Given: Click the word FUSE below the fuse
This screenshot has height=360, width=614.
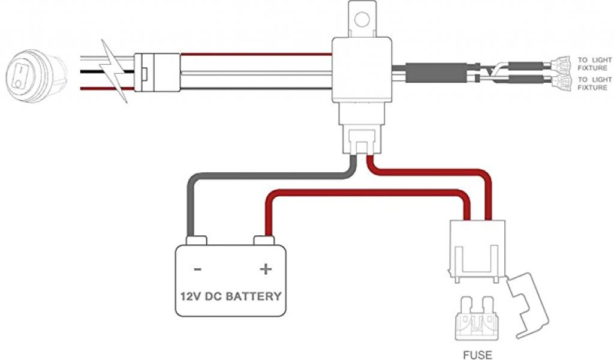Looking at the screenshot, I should [x=477, y=355].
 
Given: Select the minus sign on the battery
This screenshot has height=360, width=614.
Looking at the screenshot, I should [x=198, y=269].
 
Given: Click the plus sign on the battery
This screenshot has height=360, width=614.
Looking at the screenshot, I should [x=265, y=269].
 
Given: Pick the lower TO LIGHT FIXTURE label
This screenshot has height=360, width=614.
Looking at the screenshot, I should [x=595, y=84].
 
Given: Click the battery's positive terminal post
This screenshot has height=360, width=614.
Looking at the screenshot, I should [x=264, y=241].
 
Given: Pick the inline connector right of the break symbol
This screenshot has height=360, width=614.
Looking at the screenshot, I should [x=157, y=72].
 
